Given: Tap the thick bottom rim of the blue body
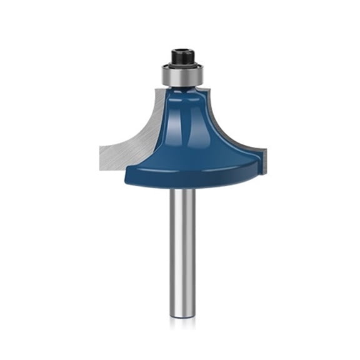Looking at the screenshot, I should [187, 175].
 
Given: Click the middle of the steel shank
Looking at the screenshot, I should [180, 250].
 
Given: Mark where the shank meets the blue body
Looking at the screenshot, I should [180, 188].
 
